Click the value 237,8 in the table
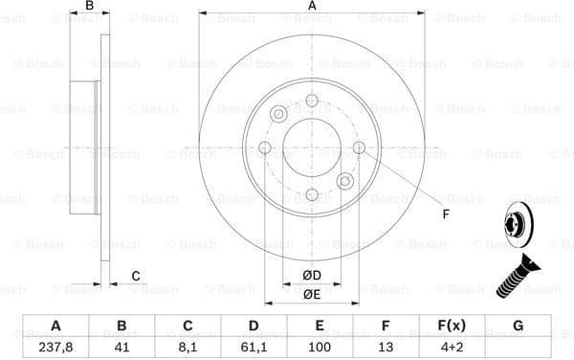[55, 348]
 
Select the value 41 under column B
[121, 348]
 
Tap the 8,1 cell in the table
[188, 348]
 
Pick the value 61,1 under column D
[254, 348]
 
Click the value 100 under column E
[320, 348]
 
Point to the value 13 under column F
[386, 348]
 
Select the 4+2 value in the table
[452, 348]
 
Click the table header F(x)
[452, 326]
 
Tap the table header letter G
[518, 326]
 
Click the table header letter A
[55, 326]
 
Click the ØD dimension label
[312, 277]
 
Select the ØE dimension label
[312, 295]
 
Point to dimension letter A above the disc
[312, 7]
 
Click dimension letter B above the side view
[89, 7]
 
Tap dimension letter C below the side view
[136, 277]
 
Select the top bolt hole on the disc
[312, 101]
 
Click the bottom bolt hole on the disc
[312, 194]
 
